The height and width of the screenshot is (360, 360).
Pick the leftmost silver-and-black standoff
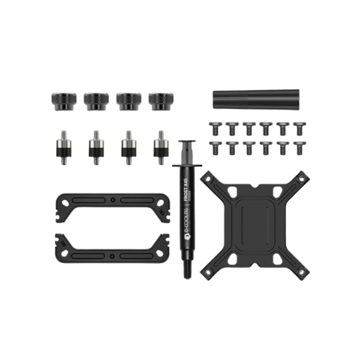[62, 147]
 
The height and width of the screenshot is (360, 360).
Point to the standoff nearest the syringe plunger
[160, 147]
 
